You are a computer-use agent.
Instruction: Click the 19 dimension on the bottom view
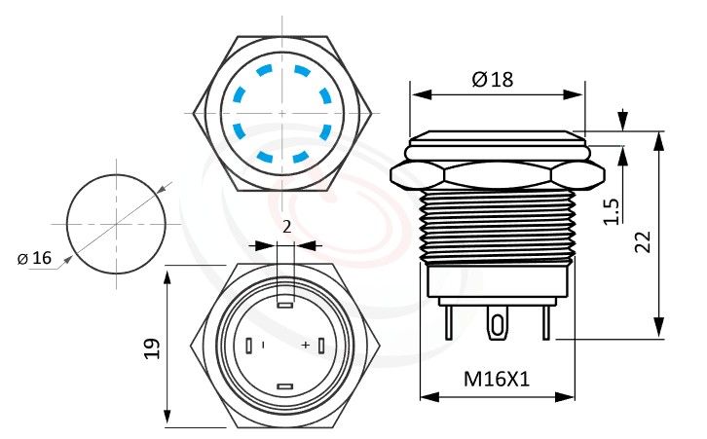pyautogui.click(x=151, y=349)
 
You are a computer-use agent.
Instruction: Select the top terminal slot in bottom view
pyautogui.click(x=284, y=305)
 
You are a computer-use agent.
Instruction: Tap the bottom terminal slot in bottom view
pyautogui.click(x=284, y=387)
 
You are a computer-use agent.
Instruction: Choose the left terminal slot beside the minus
pyautogui.click(x=249, y=346)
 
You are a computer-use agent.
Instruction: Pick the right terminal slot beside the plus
pyautogui.click(x=319, y=346)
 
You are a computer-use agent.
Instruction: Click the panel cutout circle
pyautogui.click(x=114, y=223)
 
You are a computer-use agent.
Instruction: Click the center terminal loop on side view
pyautogui.click(x=498, y=323)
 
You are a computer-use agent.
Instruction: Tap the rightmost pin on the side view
pyautogui.click(x=548, y=320)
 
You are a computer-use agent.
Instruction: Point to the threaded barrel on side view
pyautogui.click(x=497, y=228)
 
